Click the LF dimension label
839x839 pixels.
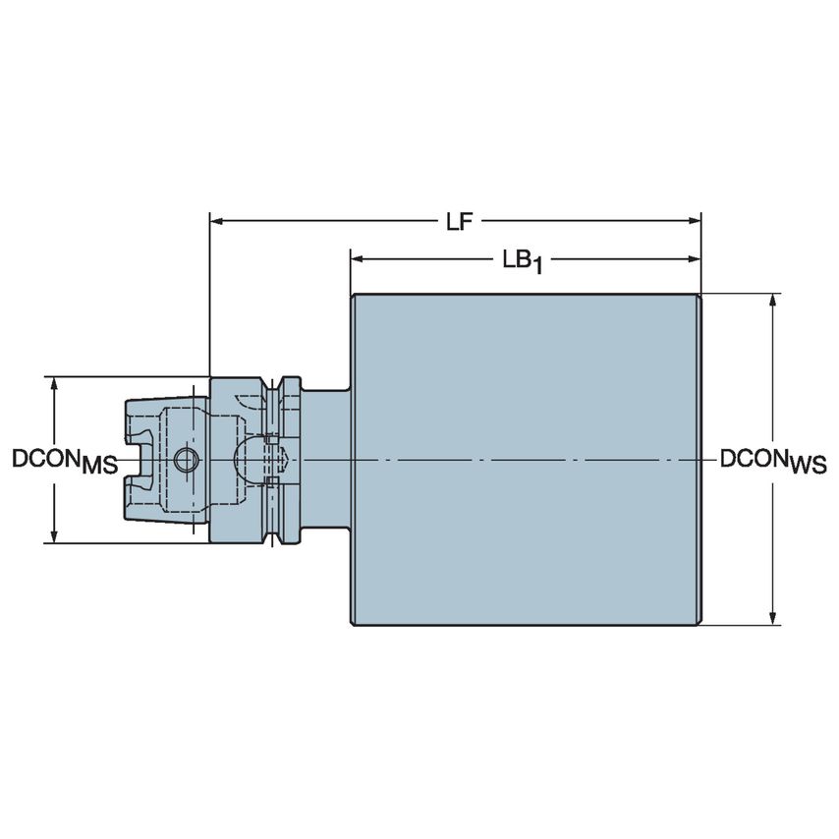point(454,222)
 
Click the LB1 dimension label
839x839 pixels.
point(522,260)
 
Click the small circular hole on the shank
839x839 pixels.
point(185,459)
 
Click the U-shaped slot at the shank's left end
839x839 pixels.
point(138,459)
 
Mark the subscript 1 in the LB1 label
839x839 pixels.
point(536,266)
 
